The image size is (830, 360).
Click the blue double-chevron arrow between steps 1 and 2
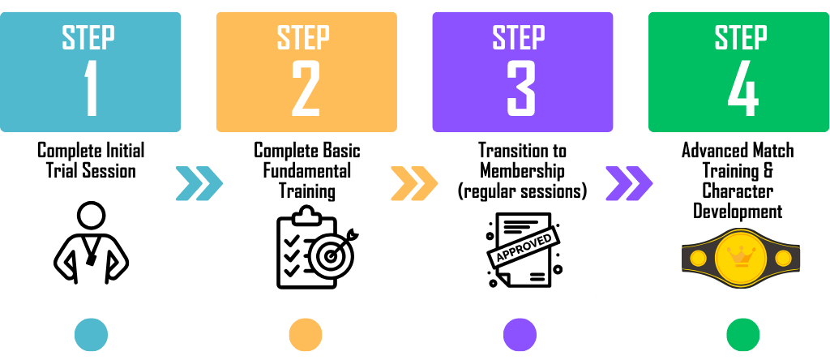(x=199, y=182)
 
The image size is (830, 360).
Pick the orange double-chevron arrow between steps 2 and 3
(x=413, y=182)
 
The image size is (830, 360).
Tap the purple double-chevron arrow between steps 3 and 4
(x=629, y=182)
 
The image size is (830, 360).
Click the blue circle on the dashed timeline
(x=91, y=334)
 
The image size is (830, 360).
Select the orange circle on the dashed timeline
(x=306, y=334)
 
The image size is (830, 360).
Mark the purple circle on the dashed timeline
(x=520, y=334)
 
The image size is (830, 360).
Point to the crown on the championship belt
(x=738, y=255)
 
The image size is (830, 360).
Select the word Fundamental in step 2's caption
(x=307, y=171)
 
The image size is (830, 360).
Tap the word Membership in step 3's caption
(x=522, y=171)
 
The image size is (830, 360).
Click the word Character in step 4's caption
(x=738, y=191)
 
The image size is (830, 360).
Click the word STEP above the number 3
(x=521, y=37)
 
